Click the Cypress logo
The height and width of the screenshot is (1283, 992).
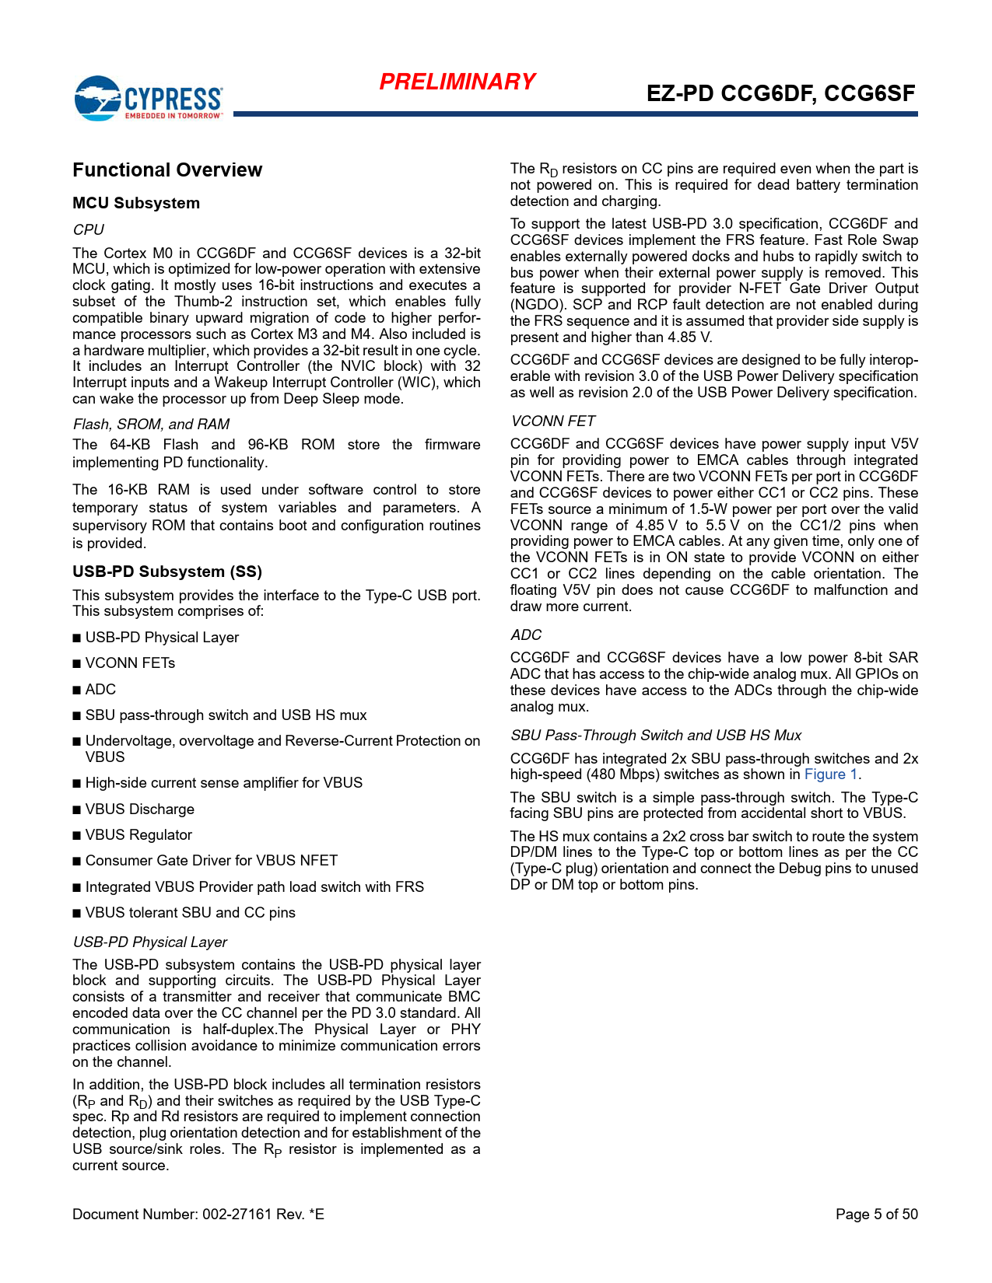point(148,98)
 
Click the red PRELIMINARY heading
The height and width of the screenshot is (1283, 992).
point(457,82)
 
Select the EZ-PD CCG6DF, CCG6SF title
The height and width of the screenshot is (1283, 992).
point(780,93)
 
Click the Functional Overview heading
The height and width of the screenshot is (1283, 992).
point(167,170)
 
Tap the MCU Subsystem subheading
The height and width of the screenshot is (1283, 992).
point(136,203)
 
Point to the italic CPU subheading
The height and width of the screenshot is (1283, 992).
point(88,229)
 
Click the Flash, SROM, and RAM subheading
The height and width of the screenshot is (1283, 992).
point(151,424)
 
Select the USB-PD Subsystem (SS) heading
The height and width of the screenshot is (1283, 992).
point(167,572)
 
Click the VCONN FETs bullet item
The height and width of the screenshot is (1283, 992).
point(130,663)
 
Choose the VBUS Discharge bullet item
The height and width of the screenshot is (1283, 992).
point(139,809)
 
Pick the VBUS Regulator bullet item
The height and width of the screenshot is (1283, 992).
point(138,835)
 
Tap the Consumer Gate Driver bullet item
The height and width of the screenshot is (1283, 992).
point(211,861)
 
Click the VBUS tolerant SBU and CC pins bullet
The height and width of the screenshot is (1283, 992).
point(190,913)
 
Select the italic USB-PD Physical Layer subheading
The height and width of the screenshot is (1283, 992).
point(149,942)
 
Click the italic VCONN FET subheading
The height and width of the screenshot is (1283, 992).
point(552,421)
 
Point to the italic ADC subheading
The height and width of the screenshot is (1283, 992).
point(526,635)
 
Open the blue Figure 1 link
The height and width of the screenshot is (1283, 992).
point(831,774)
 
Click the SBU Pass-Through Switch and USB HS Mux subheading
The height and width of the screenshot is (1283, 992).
point(655,736)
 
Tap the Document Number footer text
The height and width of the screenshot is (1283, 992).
point(198,1215)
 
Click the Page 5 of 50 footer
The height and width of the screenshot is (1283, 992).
point(876,1215)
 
